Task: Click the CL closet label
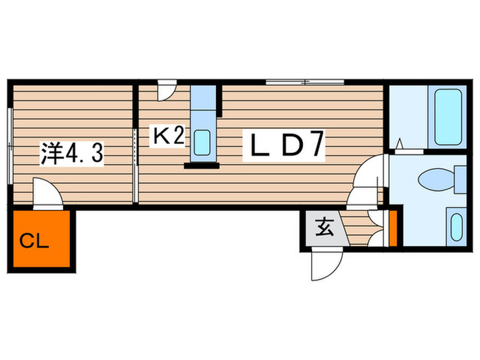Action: tap(34, 241)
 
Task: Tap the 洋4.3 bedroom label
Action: tap(72, 154)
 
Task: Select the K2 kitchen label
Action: tap(168, 136)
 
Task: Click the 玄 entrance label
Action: tap(324, 227)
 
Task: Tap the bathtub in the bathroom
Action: tap(448, 117)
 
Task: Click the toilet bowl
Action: tap(436, 180)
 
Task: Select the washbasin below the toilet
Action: tap(457, 227)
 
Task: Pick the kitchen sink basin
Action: tap(202, 143)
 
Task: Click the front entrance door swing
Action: tap(326, 265)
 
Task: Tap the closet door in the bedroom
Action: tap(47, 193)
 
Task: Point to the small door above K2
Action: tap(167, 91)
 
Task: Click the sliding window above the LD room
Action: tap(305, 82)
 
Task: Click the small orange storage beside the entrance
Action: tap(393, 228)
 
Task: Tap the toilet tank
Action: tap(460, 180)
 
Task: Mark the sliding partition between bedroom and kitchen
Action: tap(135, 165)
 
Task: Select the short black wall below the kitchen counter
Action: tap(202, 166)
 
